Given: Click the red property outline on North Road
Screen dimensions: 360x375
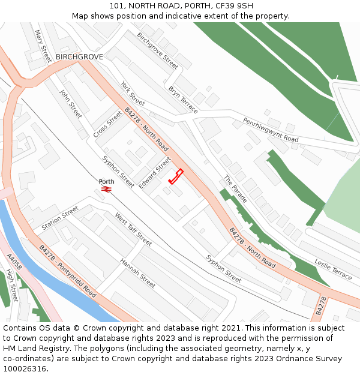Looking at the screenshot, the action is [176, 176].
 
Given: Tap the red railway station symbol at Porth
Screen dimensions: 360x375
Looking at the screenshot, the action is [107, 189].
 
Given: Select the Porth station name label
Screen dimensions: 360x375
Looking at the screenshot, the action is [106, 181].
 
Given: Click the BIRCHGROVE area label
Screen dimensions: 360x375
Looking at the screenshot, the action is [79, 57].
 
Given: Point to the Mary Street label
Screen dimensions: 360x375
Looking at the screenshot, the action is [43, 46].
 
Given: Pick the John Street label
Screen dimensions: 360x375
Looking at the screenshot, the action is [70, 103].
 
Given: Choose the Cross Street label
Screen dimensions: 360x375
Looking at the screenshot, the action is [108, 124].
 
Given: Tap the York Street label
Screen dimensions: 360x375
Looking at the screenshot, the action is [133, 93].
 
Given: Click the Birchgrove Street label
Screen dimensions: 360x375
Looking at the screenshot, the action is [157, 50].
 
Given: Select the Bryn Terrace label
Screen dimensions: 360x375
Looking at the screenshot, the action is [183, 100].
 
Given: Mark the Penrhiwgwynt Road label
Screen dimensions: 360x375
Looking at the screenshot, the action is [271, 130].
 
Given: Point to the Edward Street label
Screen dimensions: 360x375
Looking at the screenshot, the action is [155, 173].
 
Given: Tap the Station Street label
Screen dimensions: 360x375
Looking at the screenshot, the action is [60, 219].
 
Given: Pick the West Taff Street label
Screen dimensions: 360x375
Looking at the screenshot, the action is [133, 230].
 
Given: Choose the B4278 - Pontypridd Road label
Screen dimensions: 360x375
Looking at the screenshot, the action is [67, 271].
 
